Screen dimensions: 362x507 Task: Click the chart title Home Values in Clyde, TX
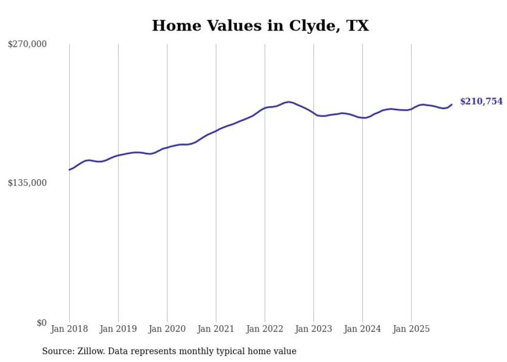point(260,25)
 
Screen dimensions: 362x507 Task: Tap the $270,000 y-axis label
point(27,45)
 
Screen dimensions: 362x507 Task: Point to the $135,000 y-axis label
point(27,183)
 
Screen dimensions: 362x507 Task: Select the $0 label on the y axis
point(41,323)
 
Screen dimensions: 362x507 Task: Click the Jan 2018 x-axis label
point(69,329)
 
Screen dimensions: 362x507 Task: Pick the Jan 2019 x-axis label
point(118,329)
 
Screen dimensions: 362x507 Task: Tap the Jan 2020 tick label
point(167,329)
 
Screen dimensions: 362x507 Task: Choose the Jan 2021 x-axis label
point(216,329)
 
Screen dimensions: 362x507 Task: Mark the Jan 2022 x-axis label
point(265,329)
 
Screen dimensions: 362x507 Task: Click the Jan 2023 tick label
point(314,329)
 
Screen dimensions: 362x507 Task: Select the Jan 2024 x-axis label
point(362,329)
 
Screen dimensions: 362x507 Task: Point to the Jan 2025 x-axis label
point(411,329)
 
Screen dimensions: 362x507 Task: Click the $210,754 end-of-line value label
point(481,102)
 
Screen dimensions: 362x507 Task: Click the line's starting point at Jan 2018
point(69,170)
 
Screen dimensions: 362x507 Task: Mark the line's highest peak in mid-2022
point(288,102)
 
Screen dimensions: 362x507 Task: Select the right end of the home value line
point(452,105)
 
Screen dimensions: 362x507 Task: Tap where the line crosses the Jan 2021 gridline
point(216,130)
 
